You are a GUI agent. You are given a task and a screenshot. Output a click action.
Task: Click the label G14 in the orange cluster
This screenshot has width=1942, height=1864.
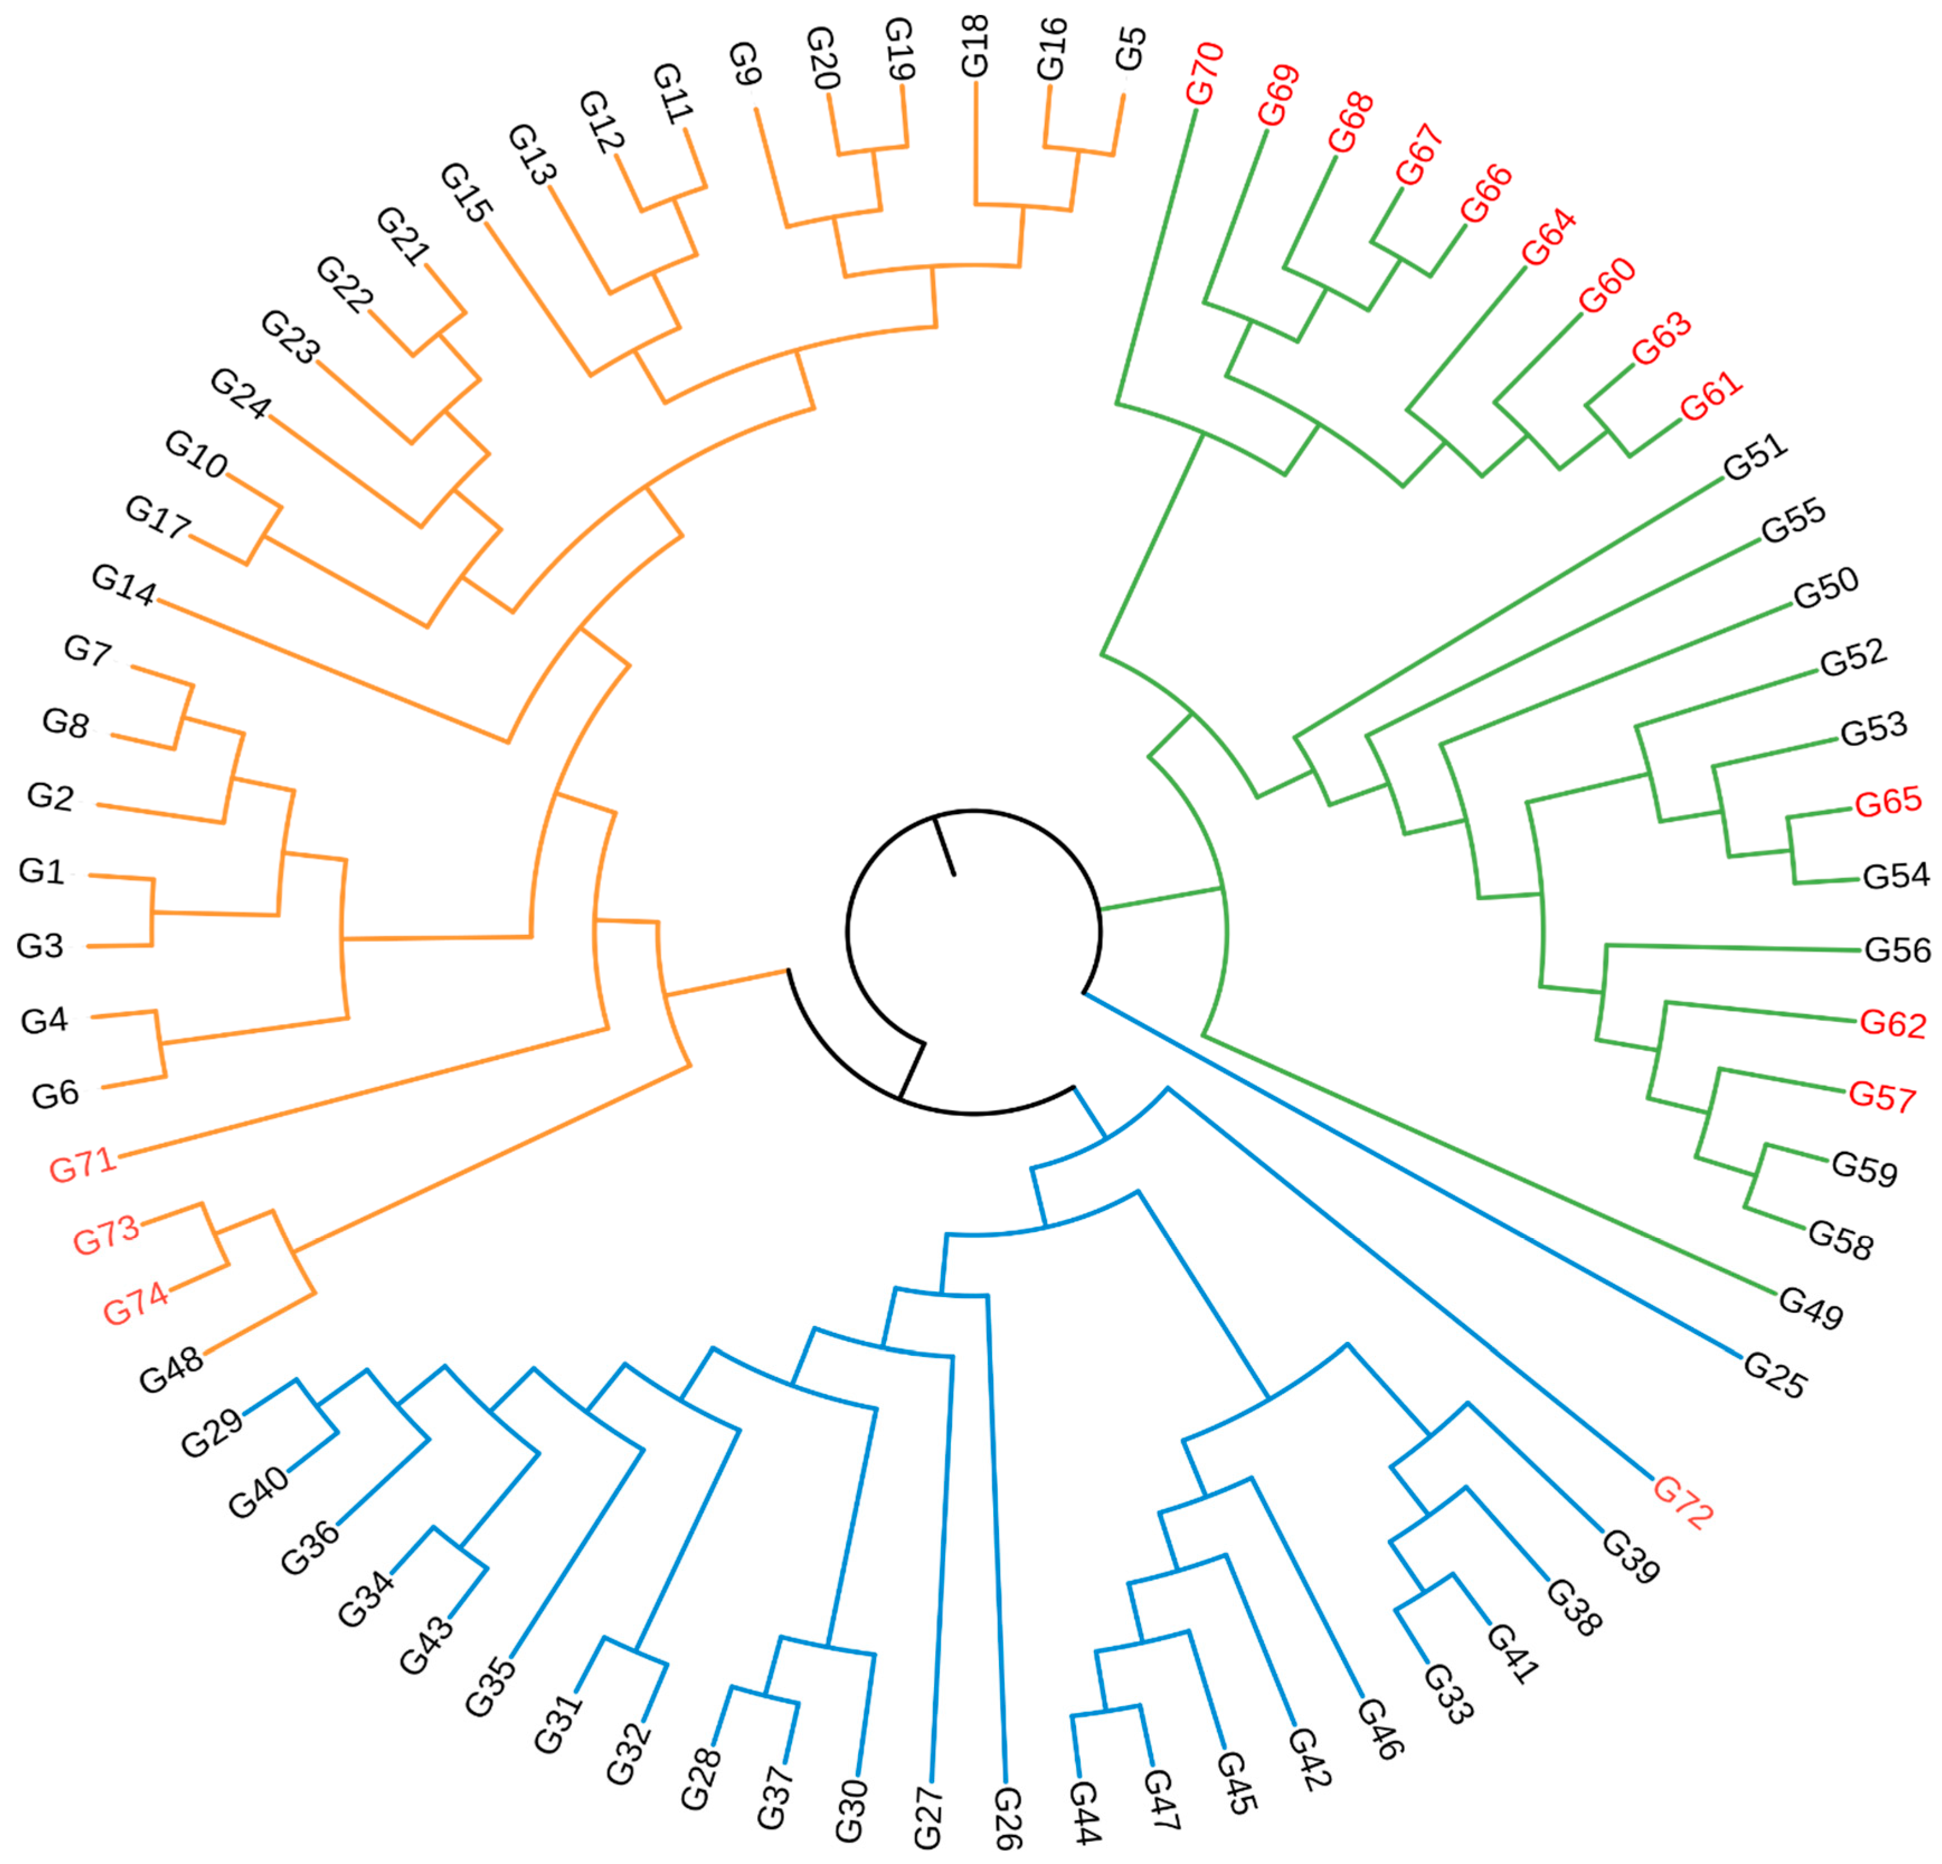tap(124, 585)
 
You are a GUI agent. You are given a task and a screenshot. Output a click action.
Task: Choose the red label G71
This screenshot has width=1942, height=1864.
tap(83, 1163)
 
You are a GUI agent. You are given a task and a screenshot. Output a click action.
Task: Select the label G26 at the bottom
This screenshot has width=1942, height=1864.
tap(1008, 1818)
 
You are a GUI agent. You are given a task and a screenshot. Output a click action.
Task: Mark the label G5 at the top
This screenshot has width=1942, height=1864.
tap(1130, 50)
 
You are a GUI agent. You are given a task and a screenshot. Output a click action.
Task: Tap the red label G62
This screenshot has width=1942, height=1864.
tap(1892, 1024)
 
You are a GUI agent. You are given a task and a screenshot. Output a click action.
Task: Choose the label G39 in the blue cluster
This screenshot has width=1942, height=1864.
tap(1631, 1556)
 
